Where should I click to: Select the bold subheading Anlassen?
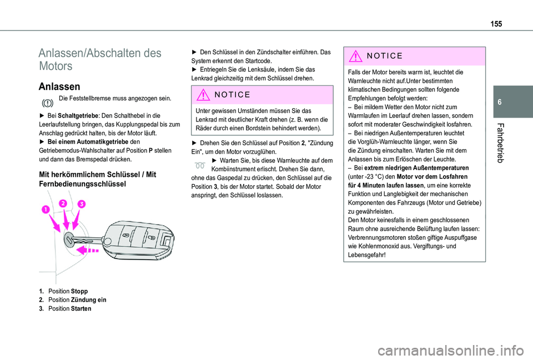click(x=59, y=86)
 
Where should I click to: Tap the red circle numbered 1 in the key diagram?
click(x=44, y=209)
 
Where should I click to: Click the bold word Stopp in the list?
click(x=79, y=291)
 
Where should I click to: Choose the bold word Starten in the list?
click(x=82, y=308)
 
